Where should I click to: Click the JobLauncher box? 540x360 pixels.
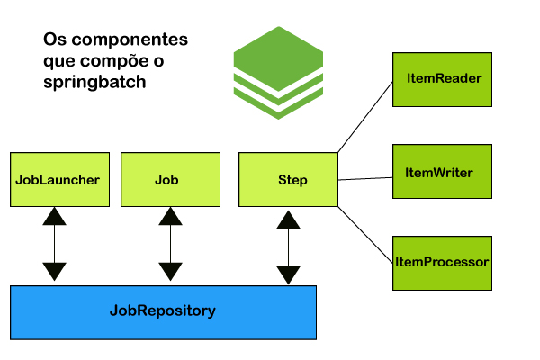(x=57, y=179)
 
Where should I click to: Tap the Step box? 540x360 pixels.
(x=288, y=179)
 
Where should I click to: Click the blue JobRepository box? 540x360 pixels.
(x=163, y=311)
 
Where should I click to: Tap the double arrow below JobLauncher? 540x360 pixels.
(x=55, y=244)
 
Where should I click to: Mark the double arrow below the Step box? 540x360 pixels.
(x=288, y=247)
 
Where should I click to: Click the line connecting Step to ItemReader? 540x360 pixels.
(x=364, y=115)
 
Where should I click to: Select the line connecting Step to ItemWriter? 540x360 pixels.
(x=364, y=178)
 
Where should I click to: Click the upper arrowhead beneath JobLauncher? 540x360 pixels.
(x=55, y=216)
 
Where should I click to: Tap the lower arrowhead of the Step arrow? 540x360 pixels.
(x=288, y=275)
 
